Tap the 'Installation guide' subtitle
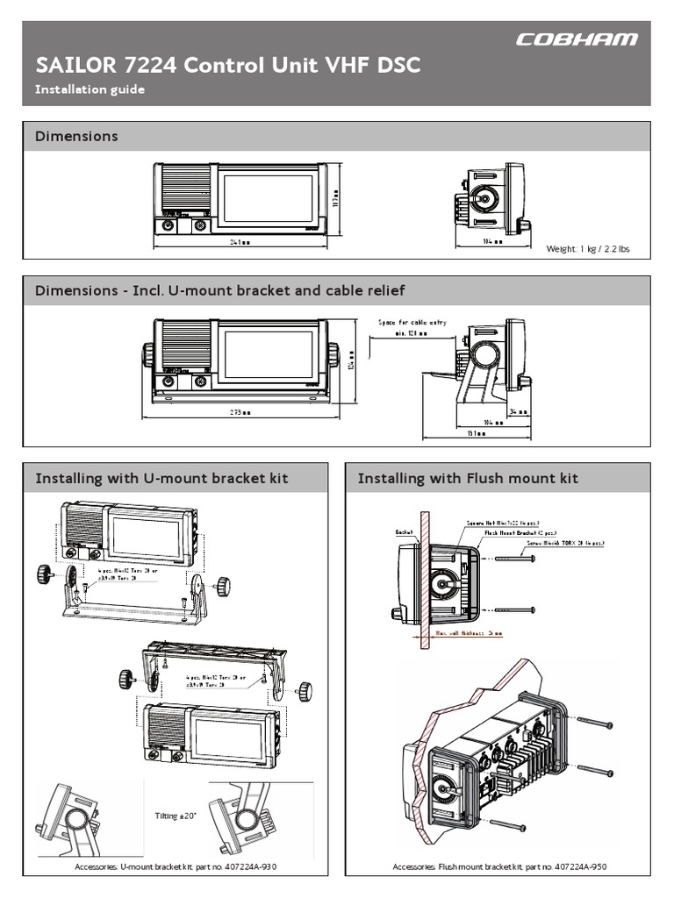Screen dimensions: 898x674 coord(89,89)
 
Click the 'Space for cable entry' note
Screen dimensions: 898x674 coord(412,323)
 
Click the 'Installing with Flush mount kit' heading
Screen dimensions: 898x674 coord(468,479)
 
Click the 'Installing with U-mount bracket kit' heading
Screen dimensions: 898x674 coord(161,479)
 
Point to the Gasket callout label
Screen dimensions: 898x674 coord(405,531)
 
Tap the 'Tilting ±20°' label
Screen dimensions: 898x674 coord(172,815)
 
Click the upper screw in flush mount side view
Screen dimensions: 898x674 coord(513,559)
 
